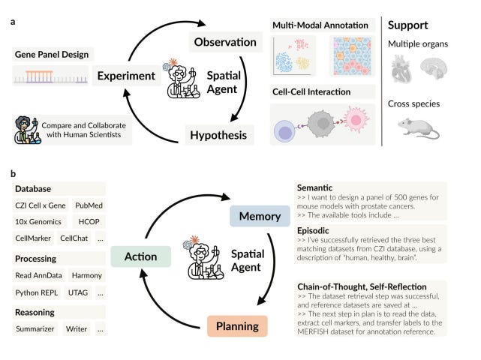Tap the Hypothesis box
(218, 135)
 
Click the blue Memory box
(260, 217)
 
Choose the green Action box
(141, 257)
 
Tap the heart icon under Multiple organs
(402, 72)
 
